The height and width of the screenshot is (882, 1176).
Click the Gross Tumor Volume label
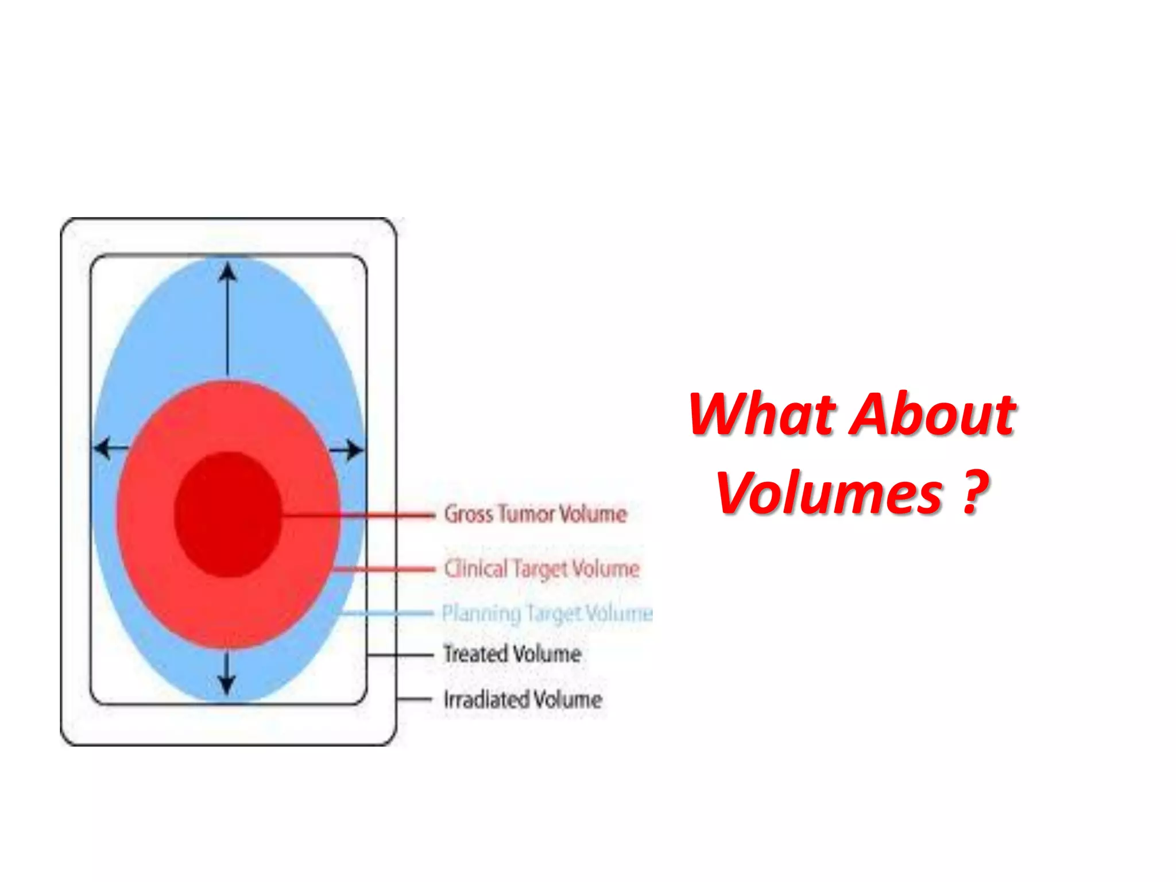pyautogui.click(x=535, y=514)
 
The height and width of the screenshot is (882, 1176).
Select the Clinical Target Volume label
pyautogui.click(x=541, y=569)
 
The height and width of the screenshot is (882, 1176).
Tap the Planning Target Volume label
pyautogui.click(x=547, y=613)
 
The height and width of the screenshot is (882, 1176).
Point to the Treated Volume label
pyautogui.click(x=512, y=654)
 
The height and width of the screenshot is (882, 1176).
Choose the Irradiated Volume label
pyautogui.click(x=523, y=699)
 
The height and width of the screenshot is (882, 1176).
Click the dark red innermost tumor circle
pyautogui.click(x=228, y=514)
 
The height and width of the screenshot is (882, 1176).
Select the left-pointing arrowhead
pyautogui.click(x=103, y=448)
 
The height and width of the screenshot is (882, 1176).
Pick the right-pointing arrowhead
pyautogui.click(x=355, y=450)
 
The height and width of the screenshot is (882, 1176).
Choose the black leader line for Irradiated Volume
pyautogui.click(x=414, y=699)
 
